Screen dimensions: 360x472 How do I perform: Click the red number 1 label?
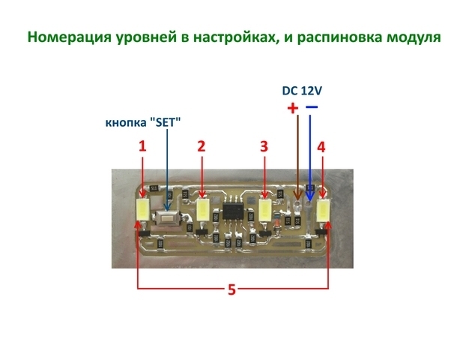click(142, 147)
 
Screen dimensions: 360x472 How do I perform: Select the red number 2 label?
click(201, 147)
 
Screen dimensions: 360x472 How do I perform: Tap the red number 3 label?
click(264, 147)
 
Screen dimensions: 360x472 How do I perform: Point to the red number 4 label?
click(321, 147)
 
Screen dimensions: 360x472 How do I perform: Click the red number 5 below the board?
click(232, 289)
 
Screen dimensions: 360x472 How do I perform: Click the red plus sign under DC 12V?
click(293, 108)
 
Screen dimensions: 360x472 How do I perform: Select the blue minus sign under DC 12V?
click(311, 107)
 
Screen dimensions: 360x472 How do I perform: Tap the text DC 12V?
click(302, 91)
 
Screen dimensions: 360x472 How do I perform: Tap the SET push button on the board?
click(169, 218)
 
